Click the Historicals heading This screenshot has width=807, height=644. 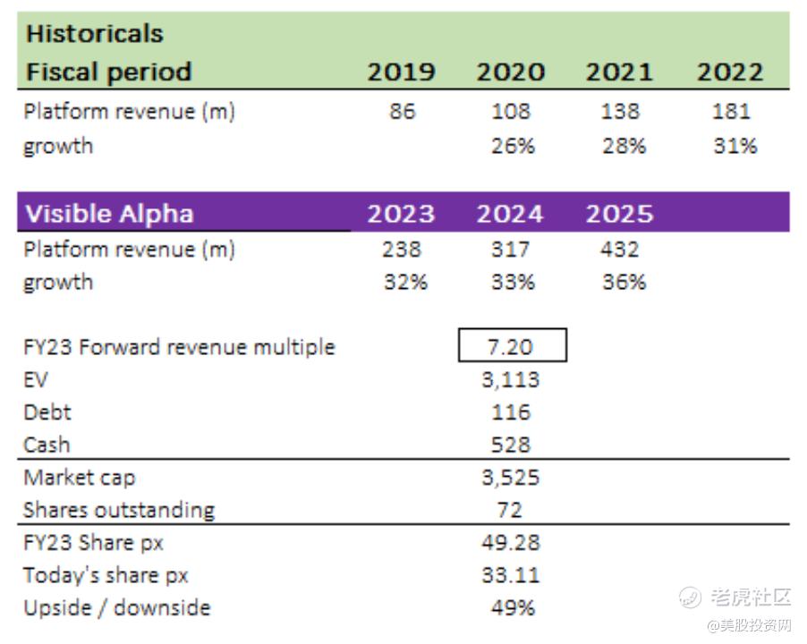point(94,34)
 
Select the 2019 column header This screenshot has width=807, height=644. point(402,72)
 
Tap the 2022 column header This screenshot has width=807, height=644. point(729,72)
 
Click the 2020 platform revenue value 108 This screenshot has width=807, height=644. point(511,112)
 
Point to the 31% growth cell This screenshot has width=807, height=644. point(735,146)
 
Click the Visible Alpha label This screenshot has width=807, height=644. point(108,215)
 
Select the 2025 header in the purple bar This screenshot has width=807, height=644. point(619,215)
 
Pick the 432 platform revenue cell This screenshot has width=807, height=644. point(620,250)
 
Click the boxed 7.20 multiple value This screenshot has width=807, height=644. point(513,346)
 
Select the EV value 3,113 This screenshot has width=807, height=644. point(511,380)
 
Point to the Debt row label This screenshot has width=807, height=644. point(47,412)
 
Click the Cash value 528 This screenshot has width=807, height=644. point(511,445)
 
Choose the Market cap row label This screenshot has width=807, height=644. point(80,478)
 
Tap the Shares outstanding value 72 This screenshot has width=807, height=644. point(511,510)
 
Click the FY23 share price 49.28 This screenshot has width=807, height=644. point(511,543)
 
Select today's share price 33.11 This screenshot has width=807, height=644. point(511,575)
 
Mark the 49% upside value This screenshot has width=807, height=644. point(513,608)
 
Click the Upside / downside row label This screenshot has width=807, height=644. point(116,608)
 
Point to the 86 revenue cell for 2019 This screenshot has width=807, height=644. point(403,112)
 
